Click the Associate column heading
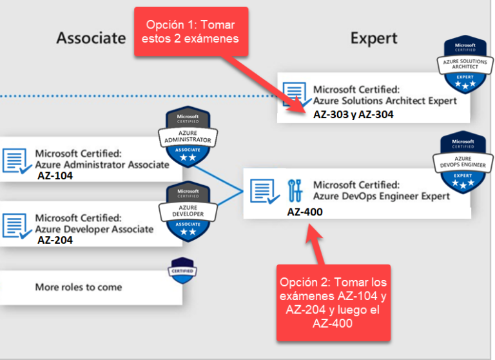pyautogui.click(x=91, y=38)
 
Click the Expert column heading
pyautogui.click(x=374, y=38)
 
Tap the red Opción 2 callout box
pyautogui.click(x=334, y=303)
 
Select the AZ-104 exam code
pyautogui.click(x=55, y=175)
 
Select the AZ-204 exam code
pyautogui.click(x=55, y=240)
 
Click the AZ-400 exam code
pyautogui.click(x=305, y=212)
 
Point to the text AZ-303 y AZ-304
pyautogui.click(x=353, y=114)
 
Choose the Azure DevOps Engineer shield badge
pyautogui.click(x=462, y=165)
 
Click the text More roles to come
pyautogui.click(x=78, y=286)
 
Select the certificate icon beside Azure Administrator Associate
pyautogui.click(x=15, y=161)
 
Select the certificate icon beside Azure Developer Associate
pyautogui.click(x=15, y=224)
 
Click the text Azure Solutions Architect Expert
pyautogui.click(x=385, y=101)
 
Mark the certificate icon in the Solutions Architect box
pyautogui.click(x=295, y=94)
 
